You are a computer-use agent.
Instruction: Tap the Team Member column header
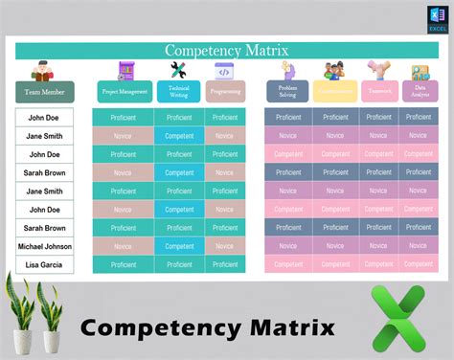click(45, 92)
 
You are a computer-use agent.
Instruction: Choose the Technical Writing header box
click(178, 92)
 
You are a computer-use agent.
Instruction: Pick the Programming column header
click(225, 92)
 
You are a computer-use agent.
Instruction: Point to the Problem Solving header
click(286, 92)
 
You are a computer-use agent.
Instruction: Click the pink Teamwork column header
click(377, 92)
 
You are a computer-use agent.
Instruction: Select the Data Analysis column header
click(419, 92)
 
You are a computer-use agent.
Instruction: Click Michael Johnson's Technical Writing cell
click(179, 246)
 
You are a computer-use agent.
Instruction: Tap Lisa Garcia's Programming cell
click(225, 264)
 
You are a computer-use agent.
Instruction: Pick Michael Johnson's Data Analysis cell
click(419, 246)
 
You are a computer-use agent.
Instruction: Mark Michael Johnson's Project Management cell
click(124, 246)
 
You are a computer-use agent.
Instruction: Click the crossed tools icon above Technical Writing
click(178, 69)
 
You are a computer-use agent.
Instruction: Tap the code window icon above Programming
click(224, 70)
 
